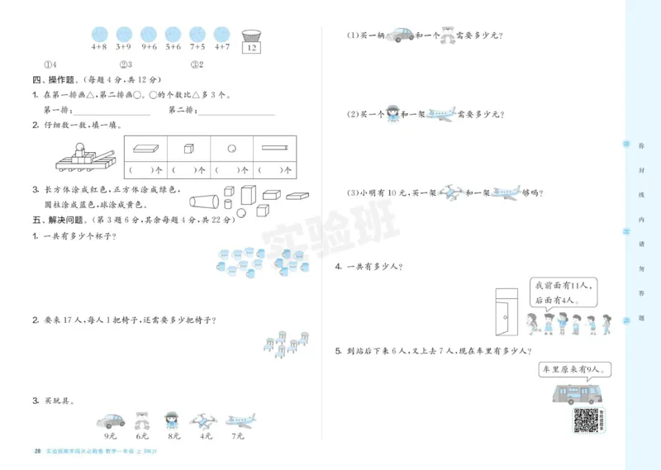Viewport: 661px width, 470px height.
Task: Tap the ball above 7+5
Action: (x=197, y=34)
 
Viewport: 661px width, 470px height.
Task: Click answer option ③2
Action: (x=197, y=64)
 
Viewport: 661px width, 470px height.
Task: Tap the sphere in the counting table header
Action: (x=231, y=150)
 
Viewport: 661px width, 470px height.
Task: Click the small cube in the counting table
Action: (x=189, y=150)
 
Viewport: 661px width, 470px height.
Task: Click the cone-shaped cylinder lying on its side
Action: (x=203, y=201)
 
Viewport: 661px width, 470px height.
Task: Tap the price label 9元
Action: (x=109, y=436)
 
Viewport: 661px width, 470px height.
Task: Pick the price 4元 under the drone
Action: (x=204, y=436)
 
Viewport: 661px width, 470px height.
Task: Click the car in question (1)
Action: (x=399, y=35)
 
